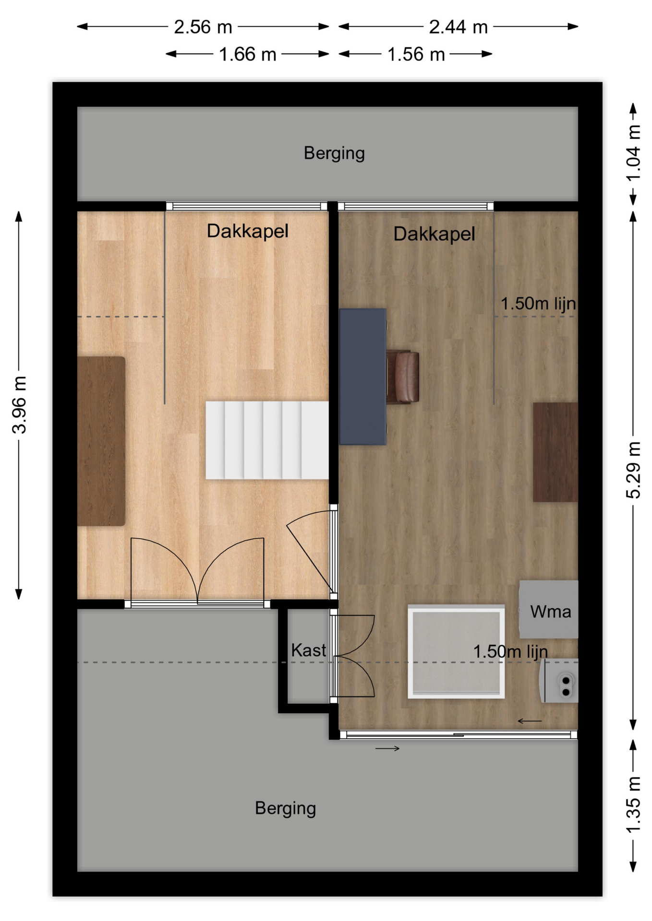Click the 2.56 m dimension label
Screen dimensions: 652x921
(x=203, y=27)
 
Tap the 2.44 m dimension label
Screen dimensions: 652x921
(x=458, y=27)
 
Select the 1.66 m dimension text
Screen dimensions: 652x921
(x=248, y=54)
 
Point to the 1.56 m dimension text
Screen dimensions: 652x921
(x=416, y=54)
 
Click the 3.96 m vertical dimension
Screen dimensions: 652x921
(x=19, y=405)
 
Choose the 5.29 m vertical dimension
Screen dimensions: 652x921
(x=633, y=470)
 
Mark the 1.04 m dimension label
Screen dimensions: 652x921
(x=633, y=153)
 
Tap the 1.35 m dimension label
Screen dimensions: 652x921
(x=633, y=804)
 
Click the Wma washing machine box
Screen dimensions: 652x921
(x=549, y=609)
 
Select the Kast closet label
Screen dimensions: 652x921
(x=308, y=650)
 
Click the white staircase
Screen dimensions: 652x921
(x=267, y=440)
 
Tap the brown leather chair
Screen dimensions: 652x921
(x=403, y=377)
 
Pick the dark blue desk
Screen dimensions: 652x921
(x=362, y=377)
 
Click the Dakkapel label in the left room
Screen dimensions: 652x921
(x=248, y=231)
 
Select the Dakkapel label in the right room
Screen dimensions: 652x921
(x=434, y=234)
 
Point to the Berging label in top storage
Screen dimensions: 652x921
(x=334, y=153)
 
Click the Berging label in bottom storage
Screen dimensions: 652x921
(x=285, y=808)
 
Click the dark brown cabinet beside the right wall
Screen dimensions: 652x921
(x=555, y=452)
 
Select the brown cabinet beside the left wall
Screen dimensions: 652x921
(x=101, y=441)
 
